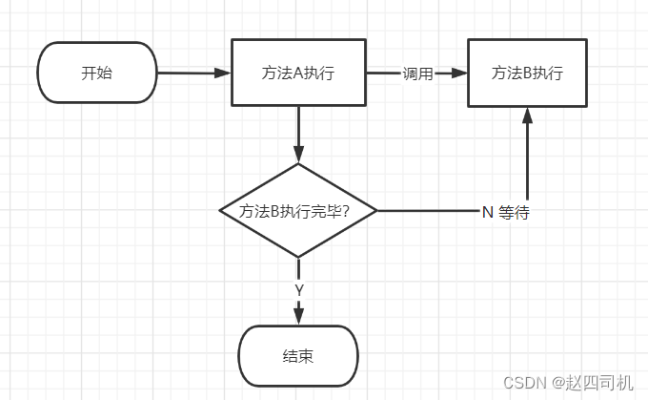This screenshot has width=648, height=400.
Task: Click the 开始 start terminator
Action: click(x=96, y=73)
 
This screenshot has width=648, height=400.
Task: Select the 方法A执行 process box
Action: click(x=298, y=73)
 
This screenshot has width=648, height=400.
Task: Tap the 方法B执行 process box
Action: click(x=525, y=73)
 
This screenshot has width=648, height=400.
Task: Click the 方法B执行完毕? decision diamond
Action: click(x=298, y=210)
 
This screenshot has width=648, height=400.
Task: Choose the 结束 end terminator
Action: click(x=298, y=357)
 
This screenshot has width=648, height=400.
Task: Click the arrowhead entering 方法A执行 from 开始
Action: click(x=224, y=74)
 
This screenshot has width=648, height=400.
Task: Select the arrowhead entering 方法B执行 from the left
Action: click(x=459, y=74)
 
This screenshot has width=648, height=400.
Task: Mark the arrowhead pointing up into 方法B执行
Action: click(x=525, y=116)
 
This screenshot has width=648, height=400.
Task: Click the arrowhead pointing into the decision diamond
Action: click(x=298, y=154)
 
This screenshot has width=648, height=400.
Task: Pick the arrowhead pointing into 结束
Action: click(x=299, y=316)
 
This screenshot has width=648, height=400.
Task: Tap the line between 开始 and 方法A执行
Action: click(x=191, y=73)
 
